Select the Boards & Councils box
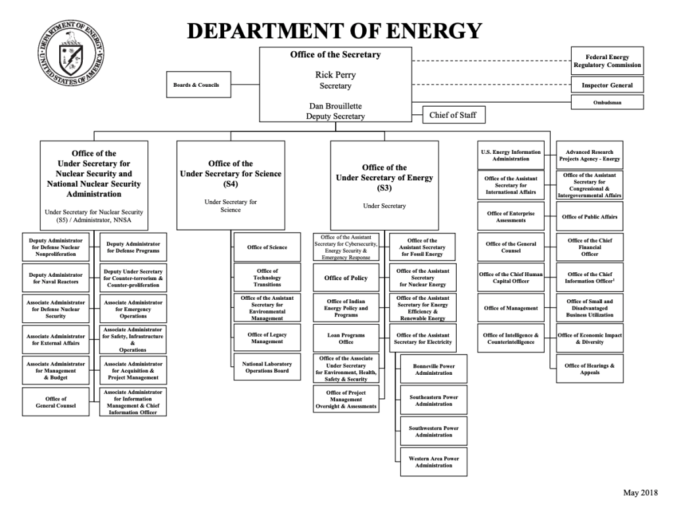pyautogui.click(x=197, y=85)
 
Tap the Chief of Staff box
pyautogui.click(x=453, y=115)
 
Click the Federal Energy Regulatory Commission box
pyautogui.click(x=607, y=61)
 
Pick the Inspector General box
pyautogui.click(x=607, y=85)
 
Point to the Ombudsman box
pyautogui.click(x=607, y=103)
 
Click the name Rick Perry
pyautogui.click(x=335, y=75)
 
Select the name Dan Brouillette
pyautogui.click(x=335, y=105)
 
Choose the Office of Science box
pyautogui.click(x=267, y=247)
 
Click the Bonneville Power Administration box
pyautogui.click(x=433, y=370)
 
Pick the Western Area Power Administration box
pyautogui.click(x=433, y=462)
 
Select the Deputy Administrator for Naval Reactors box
pyautogui.click(x=56, y=278)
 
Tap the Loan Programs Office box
pyautogui.click(x=346, y=338)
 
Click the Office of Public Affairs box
pyautogui.click(x=590, y=217)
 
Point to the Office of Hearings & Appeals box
pyautogui.click(x=590, y=369)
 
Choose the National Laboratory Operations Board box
pyautogui.click(x=267, y=367)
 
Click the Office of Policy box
pyautogui.click(x=346, y=278)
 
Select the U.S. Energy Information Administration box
pyautogui.click(x=511, y=155)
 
